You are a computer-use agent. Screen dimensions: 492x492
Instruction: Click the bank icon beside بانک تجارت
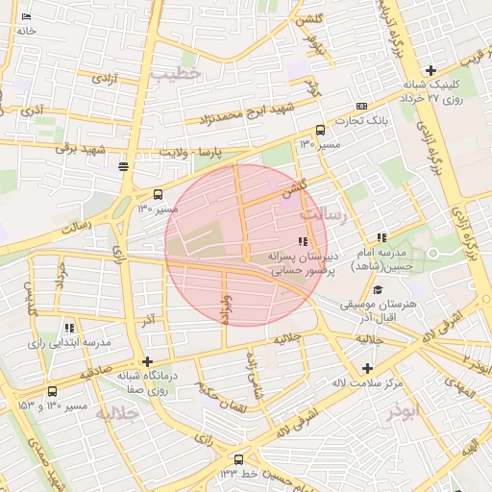click(360, 106)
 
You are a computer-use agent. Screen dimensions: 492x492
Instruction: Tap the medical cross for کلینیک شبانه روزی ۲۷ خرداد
click(430, 70)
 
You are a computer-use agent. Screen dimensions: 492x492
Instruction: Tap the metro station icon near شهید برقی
click(123, 167)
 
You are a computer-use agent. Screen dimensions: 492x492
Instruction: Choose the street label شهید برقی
click(80, 149)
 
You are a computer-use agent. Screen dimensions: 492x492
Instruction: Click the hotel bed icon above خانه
click(26, 16)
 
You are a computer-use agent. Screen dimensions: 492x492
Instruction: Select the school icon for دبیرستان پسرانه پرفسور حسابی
click(304, 242)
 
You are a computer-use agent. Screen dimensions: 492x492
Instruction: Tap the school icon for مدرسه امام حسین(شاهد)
click(381, 237)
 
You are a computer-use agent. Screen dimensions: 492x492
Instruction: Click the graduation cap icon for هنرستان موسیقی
click(378, 289)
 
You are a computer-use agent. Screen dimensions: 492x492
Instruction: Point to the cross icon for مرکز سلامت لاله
click(367, 368)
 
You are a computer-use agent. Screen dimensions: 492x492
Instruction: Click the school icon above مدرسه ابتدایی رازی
click(68, 328)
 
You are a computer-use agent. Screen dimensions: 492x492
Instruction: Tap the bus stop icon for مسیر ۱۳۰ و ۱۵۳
click(52, 391)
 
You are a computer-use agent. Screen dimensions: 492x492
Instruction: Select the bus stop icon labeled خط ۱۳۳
click(238, 459)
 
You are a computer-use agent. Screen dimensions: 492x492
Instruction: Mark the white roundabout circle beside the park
click(432, 253)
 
